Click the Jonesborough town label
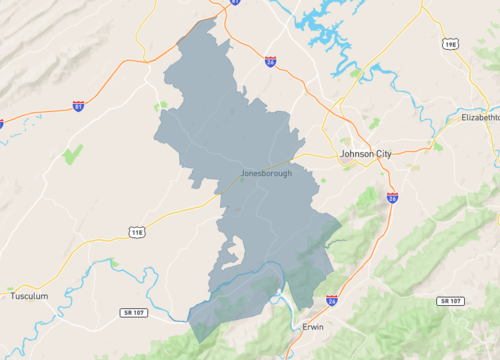266,173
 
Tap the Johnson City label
369,155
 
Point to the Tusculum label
29,296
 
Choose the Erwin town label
313,326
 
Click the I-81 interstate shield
78,106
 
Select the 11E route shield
137,232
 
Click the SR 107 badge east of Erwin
450,301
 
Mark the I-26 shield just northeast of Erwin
332,299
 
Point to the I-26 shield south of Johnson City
392,198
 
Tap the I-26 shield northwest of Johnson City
270,62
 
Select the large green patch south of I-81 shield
71,154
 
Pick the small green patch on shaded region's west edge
160,105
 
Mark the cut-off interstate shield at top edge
235,3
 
